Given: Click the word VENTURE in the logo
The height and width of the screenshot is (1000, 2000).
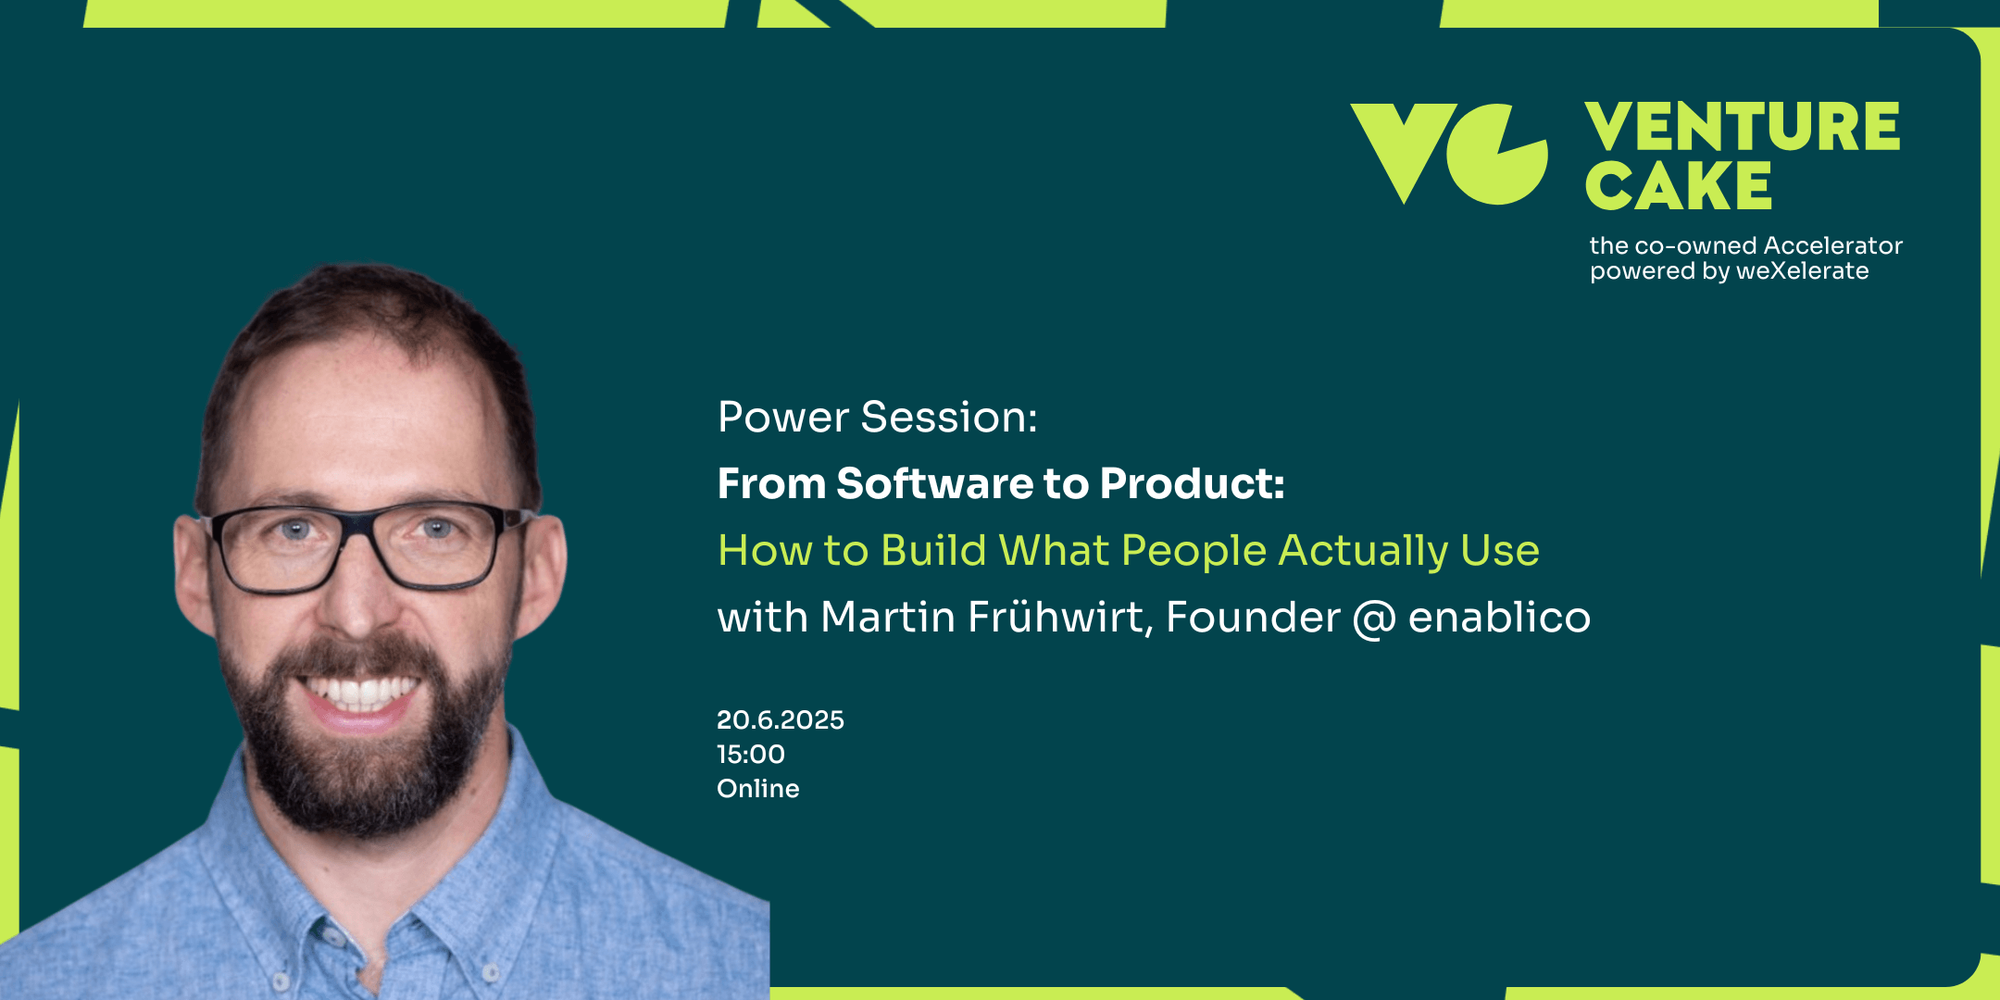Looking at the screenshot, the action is tap(1743, 127).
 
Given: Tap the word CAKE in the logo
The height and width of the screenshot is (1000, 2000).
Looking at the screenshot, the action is tap(1679, 185).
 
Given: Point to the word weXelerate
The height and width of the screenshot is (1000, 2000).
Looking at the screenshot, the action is tap(1802, 271).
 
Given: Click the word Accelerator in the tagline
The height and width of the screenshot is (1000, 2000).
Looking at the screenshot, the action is tap(1832, 245).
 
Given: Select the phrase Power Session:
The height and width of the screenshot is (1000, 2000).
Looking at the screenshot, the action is tap(878, 418).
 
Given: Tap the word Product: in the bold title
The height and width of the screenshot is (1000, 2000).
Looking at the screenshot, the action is tap(1193, 483).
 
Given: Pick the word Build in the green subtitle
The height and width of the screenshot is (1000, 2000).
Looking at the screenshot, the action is tap(933, 550).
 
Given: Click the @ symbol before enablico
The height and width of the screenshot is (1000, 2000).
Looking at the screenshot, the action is tap(1374, 619).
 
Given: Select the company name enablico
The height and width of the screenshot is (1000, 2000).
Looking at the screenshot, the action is tap(1500, 617).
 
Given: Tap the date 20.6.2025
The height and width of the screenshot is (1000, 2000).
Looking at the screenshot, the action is tap(781, 720).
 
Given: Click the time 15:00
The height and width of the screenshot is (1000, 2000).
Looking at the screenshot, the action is tap(751, 755).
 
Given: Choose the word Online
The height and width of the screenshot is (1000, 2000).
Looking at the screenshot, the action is tap(758, 789).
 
